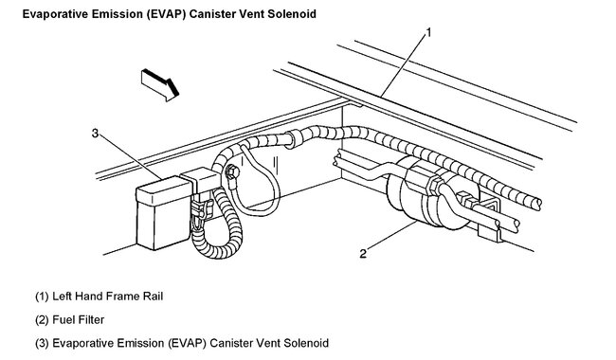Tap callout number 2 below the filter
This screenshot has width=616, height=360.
coord(364,253)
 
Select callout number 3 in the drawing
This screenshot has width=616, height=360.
coord(95,133)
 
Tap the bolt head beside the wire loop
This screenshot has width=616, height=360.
coord(230,172)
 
